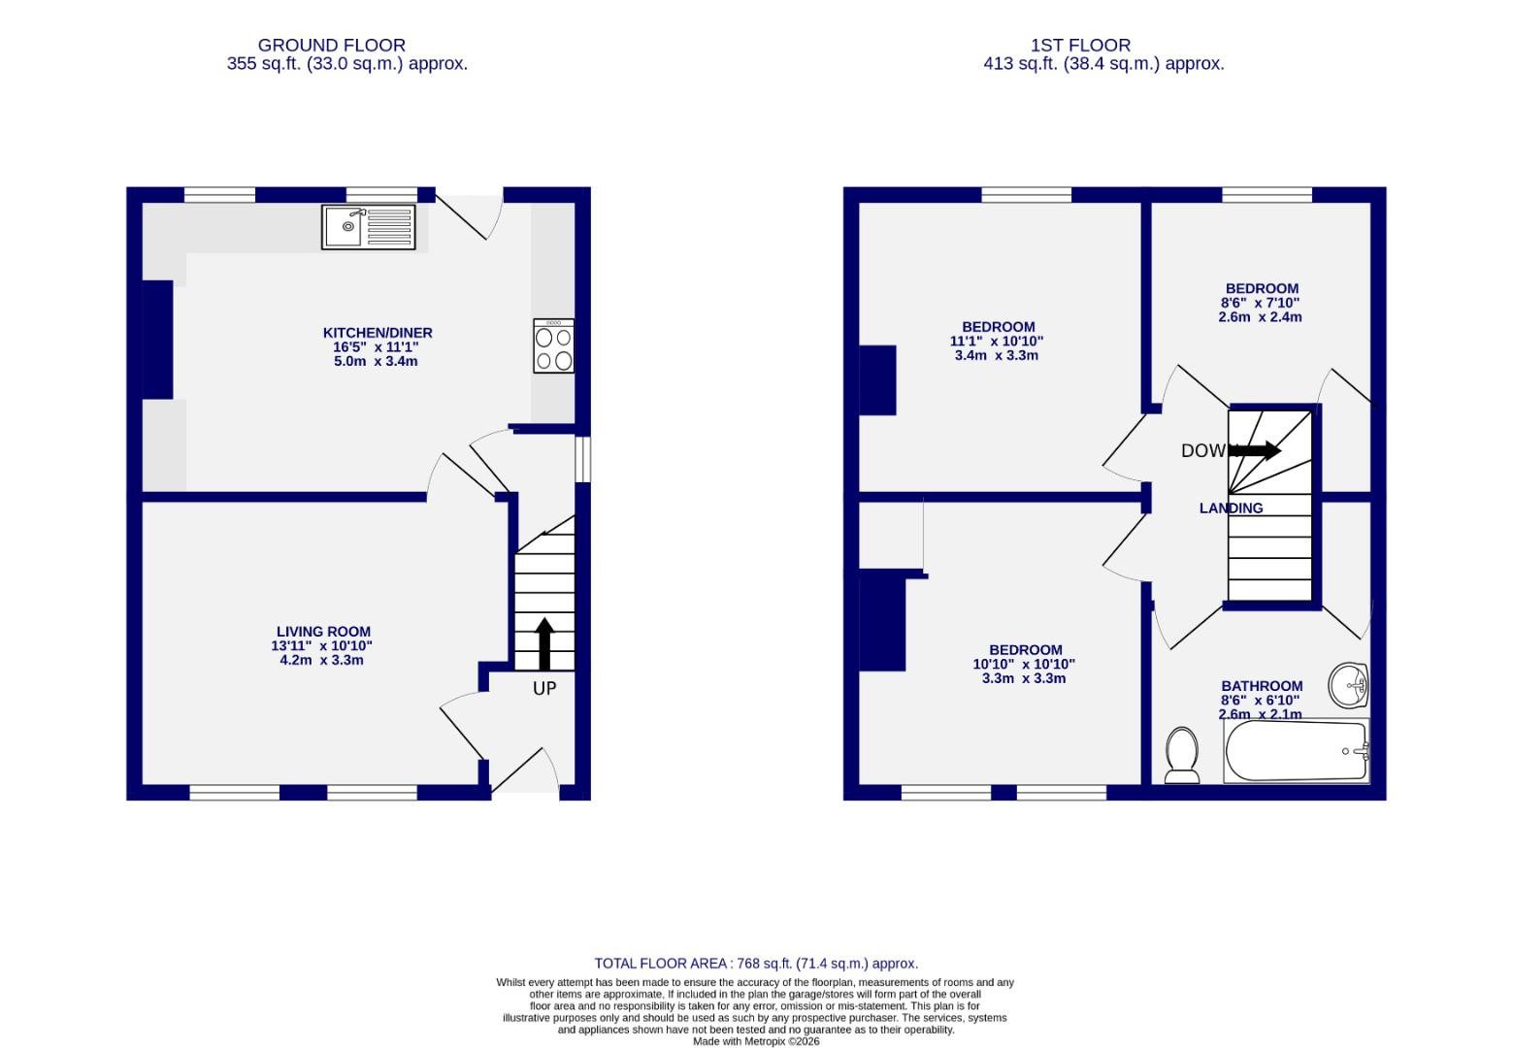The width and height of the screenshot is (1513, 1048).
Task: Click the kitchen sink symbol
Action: [x=368, y=227]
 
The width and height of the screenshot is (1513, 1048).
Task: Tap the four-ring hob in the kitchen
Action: [x=553, y=346]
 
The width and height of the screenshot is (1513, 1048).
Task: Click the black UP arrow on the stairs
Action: [x=543, y=643]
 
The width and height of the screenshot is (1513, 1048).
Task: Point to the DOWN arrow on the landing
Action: [x=1255, y=450]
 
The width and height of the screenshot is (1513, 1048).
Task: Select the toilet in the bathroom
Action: [x=1181, y=755]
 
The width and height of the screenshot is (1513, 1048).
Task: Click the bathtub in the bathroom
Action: [x=1296, y=751]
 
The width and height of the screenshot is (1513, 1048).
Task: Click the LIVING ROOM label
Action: [x=323, y=632]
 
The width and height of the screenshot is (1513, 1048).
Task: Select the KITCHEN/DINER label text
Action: [x=378, y=333]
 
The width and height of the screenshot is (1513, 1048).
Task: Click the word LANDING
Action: [x=1231, y=508]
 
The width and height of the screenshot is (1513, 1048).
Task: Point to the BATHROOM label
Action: [x=1262, y=686]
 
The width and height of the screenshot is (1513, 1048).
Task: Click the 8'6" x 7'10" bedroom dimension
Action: [x=1260, y=303]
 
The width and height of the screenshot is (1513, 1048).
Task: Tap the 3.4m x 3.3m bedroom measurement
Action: [x=996, y=355]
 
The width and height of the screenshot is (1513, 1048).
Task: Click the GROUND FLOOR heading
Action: [x=332, y=45]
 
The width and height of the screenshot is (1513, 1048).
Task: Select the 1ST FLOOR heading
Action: [x=1080, y=45]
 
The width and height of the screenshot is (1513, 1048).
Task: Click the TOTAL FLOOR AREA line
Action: [x=756, y=964]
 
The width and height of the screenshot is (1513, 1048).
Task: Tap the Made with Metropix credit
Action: [x=756, y=1041]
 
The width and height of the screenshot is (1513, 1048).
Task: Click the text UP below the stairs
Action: [x=544, y=688]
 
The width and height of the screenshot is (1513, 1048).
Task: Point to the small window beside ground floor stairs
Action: [x=582, y=459]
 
